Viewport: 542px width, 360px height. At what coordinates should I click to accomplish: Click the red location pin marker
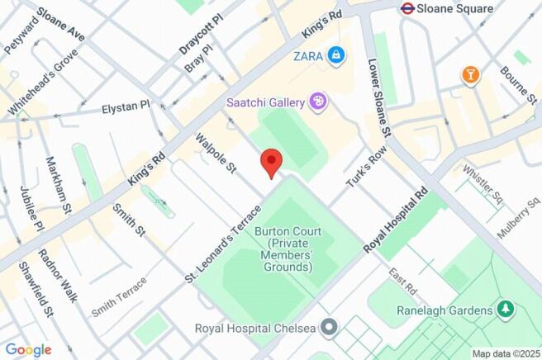271,162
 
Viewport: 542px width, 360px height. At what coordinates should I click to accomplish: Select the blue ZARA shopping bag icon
335,55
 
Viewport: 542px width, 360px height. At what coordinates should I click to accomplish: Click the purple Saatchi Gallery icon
317,102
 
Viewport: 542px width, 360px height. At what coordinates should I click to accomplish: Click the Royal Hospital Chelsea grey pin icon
330,329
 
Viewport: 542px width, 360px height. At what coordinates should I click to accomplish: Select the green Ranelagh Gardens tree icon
505,310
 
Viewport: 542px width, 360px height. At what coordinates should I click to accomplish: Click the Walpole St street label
216,153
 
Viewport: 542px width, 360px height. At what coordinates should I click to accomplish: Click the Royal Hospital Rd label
397,220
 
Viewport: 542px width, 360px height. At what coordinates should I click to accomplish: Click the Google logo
27,349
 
